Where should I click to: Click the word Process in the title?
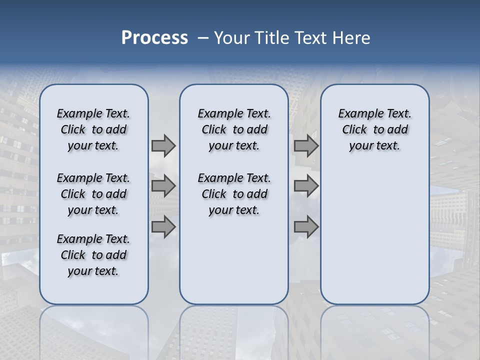[x=154, y=37]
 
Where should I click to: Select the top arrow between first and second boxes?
[x=163, y=145]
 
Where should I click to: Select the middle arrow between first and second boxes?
[x=163, y=186]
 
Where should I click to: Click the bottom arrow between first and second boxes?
[x=163, y=227]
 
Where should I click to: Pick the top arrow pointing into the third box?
[x=306, y=145]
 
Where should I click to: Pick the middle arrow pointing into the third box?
[x=306, y=186]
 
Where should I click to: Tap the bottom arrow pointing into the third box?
[x=306, y=227]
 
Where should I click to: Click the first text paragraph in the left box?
[x=93, y=129]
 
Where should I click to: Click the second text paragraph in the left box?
[x=93, y=194]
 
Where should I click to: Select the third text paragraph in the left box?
[x=93, y=255]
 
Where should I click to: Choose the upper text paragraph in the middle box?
[x=234, y=129]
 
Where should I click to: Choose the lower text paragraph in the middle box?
[x=234, y=194]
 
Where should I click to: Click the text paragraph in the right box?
[x=374, y=129]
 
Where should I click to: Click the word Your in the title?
[x=231, y=38]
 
